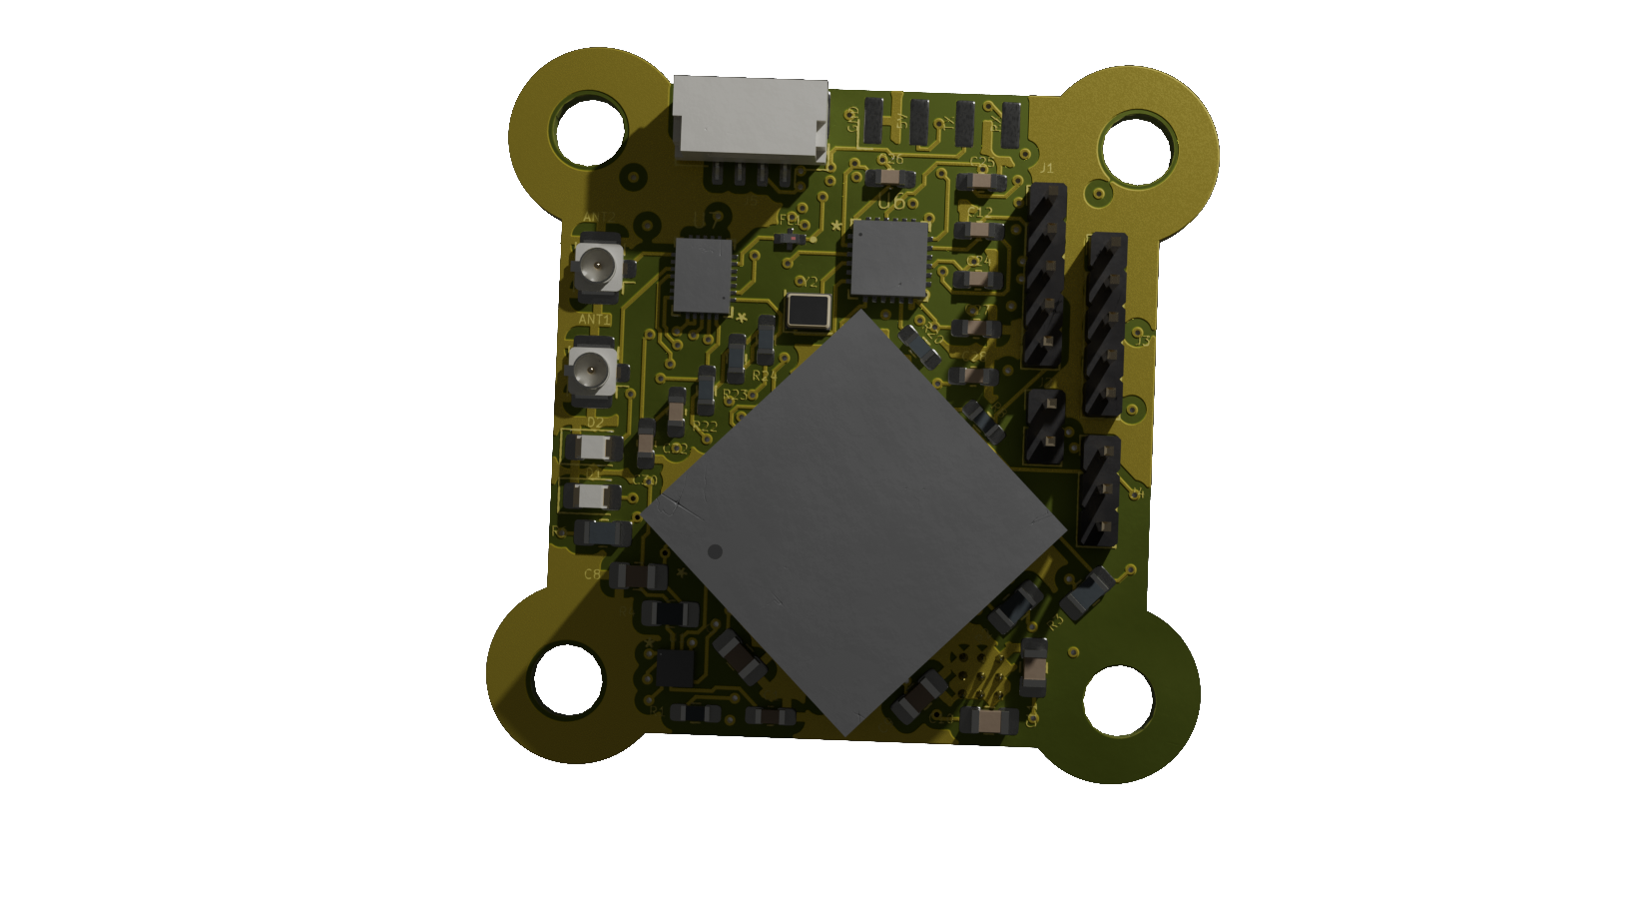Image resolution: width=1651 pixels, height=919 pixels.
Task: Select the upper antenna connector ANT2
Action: coord(598,267)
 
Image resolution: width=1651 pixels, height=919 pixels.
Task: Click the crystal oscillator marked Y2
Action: coord(808,311)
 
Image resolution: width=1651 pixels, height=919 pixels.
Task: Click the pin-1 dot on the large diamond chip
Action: coord(715,551)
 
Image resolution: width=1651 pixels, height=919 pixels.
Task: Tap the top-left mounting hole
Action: coord(588,131)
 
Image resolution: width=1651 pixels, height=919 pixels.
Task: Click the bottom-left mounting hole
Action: coord(569,680)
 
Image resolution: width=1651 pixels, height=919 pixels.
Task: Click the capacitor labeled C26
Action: coord(888,179)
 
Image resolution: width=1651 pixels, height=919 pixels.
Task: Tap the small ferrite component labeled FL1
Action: coord(790,238)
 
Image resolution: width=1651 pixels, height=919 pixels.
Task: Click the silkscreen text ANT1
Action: coord(595,320)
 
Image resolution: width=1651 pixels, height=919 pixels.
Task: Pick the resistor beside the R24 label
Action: coord(765,340)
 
